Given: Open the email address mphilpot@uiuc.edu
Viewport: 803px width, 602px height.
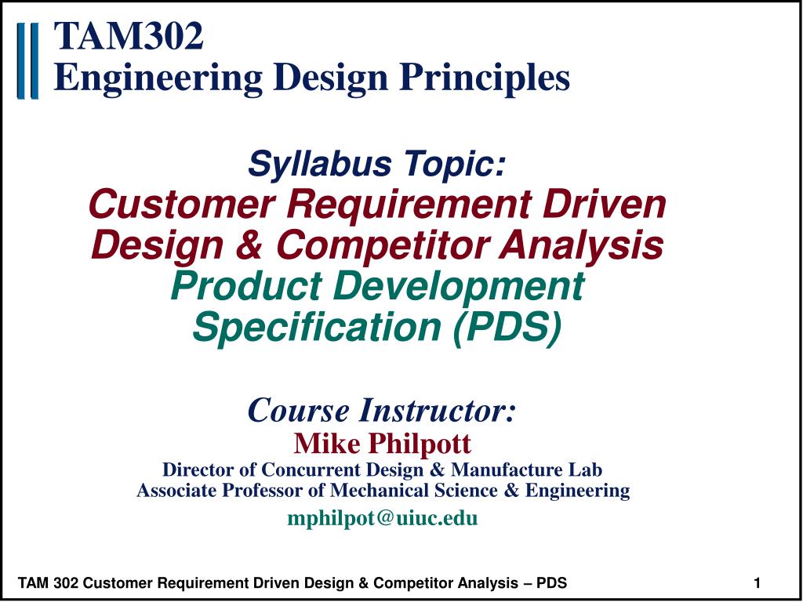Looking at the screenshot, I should tap(383, 518).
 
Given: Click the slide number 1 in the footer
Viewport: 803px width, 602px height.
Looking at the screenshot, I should tap(757, 582).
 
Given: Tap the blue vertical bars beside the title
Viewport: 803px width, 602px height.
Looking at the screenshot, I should tap(27, 61).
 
